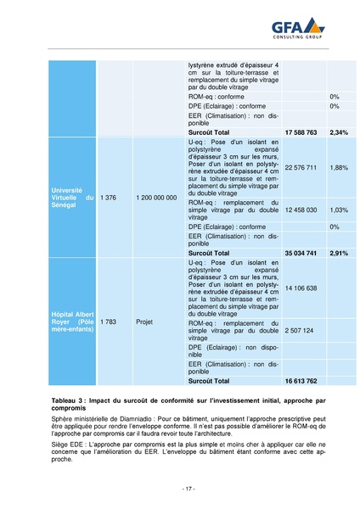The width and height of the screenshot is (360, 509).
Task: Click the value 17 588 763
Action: [x=301, y=132]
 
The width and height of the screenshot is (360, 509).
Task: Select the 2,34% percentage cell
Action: [x=340, y=132]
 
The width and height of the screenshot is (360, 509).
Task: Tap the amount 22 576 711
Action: [x=301, y=167]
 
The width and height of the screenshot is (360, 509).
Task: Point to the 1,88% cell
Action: [x=340, y=167]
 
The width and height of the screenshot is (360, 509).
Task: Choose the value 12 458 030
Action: [x=301, y=209]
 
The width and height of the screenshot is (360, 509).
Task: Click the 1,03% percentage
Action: [x=340, y=209]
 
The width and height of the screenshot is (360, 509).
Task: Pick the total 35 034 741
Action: [x=301, y=253]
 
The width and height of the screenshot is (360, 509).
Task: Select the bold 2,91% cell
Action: [x=340, y=253]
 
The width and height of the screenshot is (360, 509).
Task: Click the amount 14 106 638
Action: [x=301, y=288]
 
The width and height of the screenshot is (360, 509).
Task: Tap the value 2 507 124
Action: [x=300, y=330]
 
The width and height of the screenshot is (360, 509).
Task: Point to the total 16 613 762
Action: [x=301, y=382]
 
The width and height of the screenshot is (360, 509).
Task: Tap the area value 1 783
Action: [x=108, y=322]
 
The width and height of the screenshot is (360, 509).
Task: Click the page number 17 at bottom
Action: [x=188, y=488]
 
